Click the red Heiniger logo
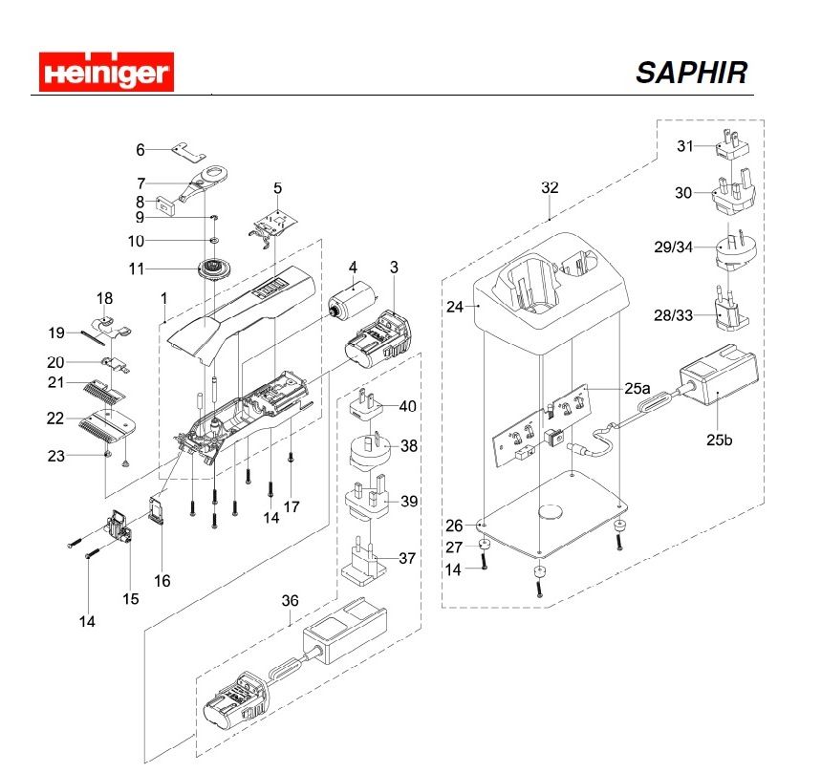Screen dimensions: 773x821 coord(104,73)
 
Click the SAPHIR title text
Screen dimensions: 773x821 coord(691,73)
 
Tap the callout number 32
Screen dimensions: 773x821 coord(549,187)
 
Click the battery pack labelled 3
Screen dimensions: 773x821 coord(382,339)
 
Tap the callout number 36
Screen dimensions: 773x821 coord(290,600)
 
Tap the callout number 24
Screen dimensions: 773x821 coord(454,307)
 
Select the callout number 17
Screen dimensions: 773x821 coord(292,507)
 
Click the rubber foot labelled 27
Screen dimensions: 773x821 coord(485,546)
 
